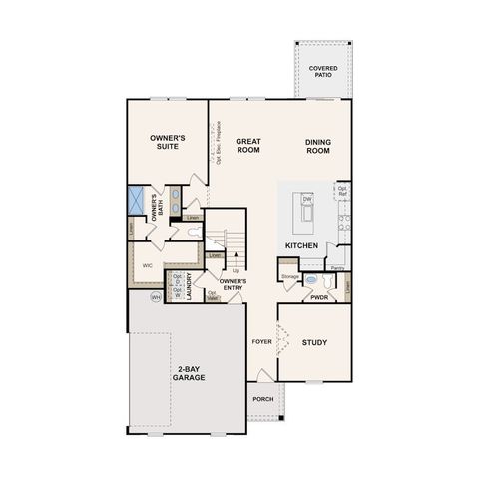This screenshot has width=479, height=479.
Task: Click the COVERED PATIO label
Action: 322,72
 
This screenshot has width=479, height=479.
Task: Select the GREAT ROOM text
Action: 247,146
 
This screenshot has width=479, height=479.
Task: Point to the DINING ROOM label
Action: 318,146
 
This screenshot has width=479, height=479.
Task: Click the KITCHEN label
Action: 300,244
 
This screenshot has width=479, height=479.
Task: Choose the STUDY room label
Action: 314,343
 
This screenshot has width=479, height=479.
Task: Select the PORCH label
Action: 262,399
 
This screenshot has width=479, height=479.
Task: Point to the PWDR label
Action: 320,296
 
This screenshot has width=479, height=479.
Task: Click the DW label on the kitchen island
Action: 308,200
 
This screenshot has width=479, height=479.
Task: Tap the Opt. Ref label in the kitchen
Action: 342,189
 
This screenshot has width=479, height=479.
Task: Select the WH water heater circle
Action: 156,297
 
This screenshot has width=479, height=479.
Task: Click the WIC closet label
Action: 147,266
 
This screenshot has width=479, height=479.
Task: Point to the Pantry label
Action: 337,268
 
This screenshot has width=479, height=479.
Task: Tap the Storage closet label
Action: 289,276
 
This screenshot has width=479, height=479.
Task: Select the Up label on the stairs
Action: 235,270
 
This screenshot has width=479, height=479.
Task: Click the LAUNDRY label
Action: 187,284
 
